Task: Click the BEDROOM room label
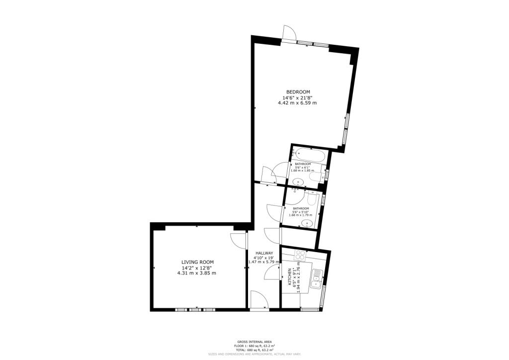tap(298, 91)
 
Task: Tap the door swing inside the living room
tap(239, 241)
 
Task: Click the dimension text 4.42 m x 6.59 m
tap(297, 103)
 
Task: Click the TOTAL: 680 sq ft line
tap(254, 350)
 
